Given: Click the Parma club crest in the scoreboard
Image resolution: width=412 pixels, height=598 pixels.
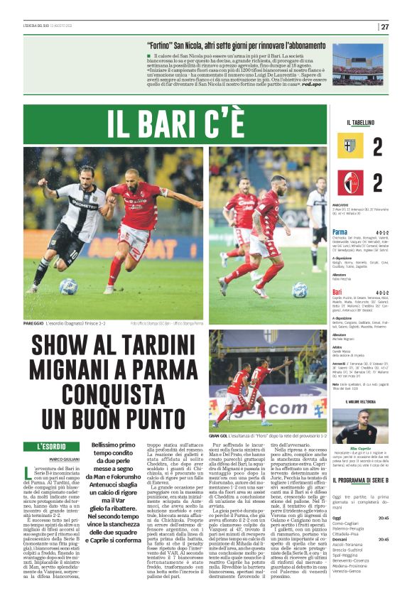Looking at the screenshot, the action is tap(351, 147).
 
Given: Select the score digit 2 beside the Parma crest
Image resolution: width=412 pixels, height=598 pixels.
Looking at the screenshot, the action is tap(377, 147).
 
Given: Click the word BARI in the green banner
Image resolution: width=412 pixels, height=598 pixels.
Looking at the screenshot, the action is tap(164, 124).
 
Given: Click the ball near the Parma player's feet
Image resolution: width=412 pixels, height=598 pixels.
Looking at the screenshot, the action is tap(68, 286).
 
